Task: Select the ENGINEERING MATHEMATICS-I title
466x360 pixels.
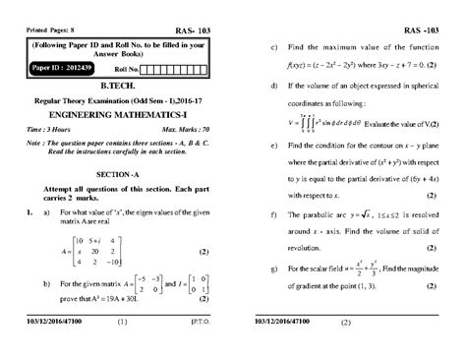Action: coord(122,114)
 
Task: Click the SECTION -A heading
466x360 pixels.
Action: coord(122,172)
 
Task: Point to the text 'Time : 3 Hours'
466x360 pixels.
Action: coord(49,129)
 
